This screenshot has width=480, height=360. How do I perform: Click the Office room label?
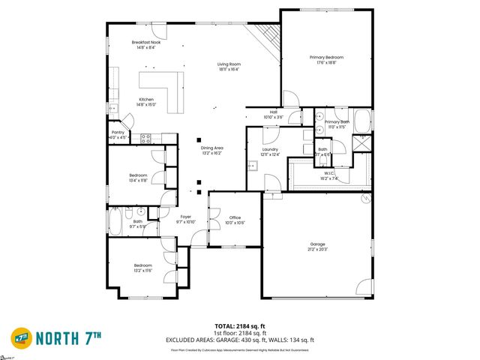[235, 220]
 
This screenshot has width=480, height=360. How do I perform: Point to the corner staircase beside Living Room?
[268, 34]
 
